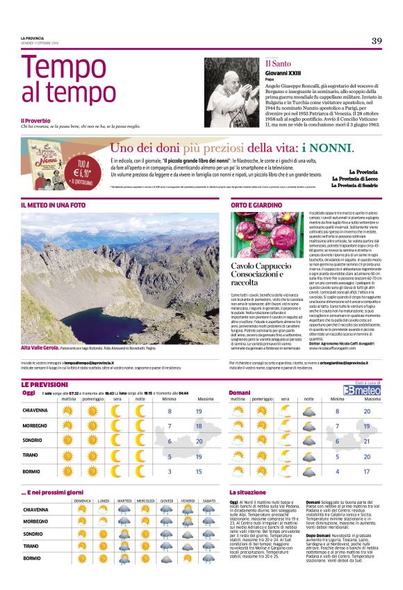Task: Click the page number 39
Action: coord(376,40)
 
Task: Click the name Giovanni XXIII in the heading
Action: coord(285,72)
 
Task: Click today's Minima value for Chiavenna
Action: coord(169,411)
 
